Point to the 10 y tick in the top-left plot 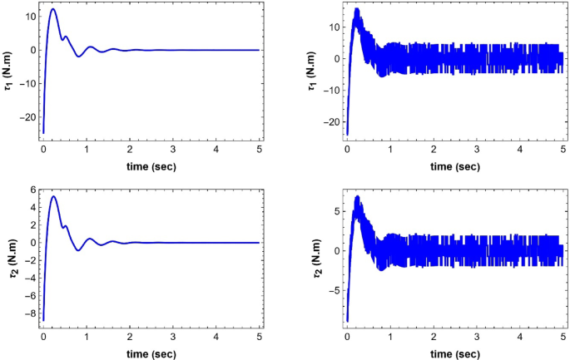pyautogui.click(x=26, y=17)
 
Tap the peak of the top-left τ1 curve pyautogui.click(x=52, y=9)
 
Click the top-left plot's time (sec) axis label pyautogui.click(x=151, y=166)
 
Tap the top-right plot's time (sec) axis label pyautogui.click(x=455, y=166)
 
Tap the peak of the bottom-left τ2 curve pyautogui.click(x=53, y=196)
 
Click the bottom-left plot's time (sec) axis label pyautogui.click(x=151, y=353)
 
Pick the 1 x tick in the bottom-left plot pyautogui.click(x=87, y=338)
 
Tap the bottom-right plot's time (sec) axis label pyautogui.click(x=455, y=353)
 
